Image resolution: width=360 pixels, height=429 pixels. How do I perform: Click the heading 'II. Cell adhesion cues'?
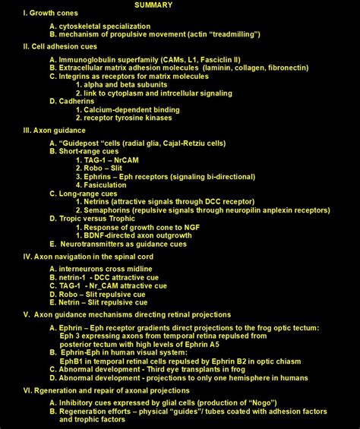[60, 46]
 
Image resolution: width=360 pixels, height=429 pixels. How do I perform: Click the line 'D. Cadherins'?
[74, 101]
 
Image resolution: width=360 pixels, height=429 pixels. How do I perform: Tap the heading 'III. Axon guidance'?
[55, 131]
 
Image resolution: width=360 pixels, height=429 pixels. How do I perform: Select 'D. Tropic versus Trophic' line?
[95, 219]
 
